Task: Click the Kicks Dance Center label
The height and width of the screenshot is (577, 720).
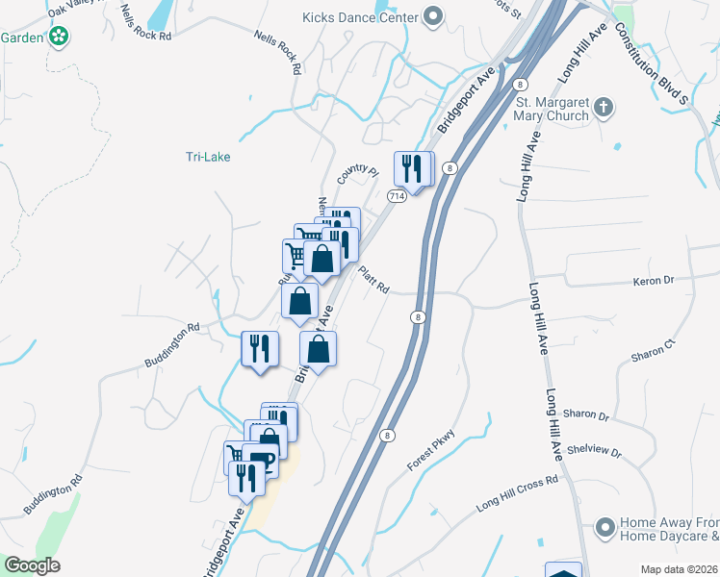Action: coord(360,17)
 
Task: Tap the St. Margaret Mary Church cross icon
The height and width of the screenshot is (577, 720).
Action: coord(604,107)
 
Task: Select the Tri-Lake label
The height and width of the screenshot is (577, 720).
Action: coord(208,157)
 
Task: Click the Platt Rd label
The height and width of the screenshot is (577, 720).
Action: coord(373,282)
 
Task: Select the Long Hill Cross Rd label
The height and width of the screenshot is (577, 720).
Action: coord(518,494)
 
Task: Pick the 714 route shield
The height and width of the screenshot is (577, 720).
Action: coord(396,195)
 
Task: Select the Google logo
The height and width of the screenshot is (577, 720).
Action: coord(32,565)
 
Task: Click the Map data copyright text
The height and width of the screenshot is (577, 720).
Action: coord(679,569)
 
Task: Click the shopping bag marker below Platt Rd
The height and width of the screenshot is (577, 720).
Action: coord(319,349)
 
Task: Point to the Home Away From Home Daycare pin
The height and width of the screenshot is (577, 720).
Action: coord(604,527)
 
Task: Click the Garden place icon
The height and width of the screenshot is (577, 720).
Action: coord(59,37)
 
